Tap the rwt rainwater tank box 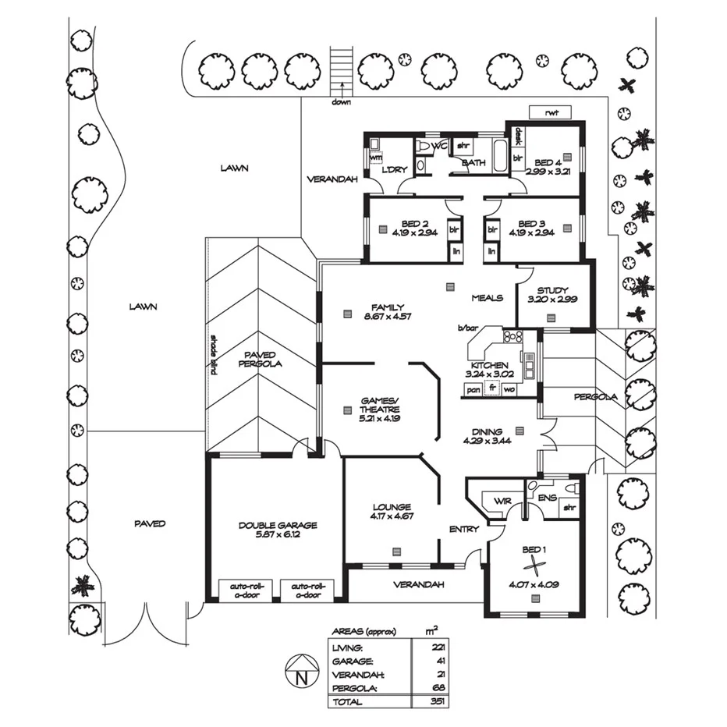point(555,112)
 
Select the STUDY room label point(552,290)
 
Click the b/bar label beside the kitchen point(466,328)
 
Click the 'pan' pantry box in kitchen point(473,388)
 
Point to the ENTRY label point(463,530)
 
